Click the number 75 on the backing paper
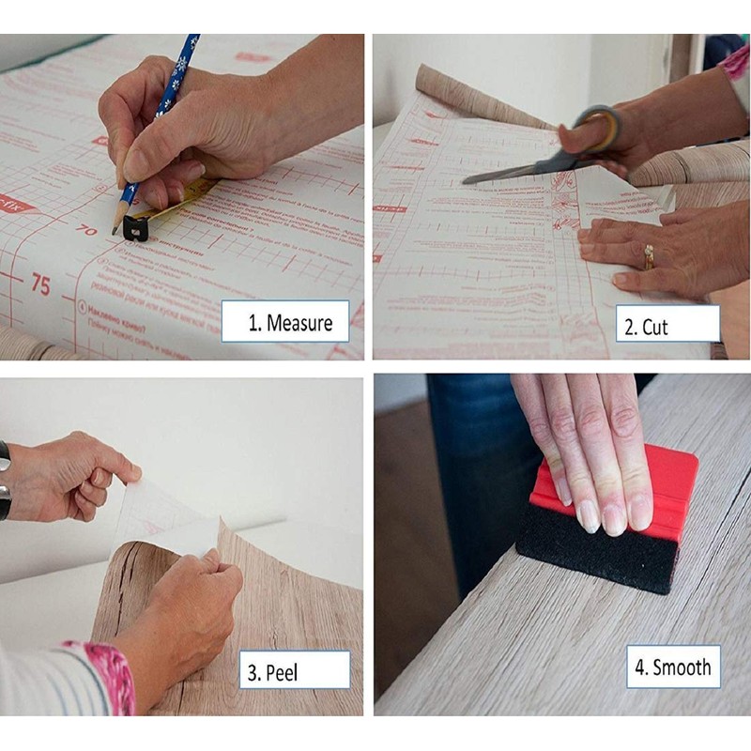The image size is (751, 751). coord(39,284)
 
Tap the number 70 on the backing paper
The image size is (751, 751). coord(86,228)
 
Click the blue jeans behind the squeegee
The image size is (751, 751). coord(469,469)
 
